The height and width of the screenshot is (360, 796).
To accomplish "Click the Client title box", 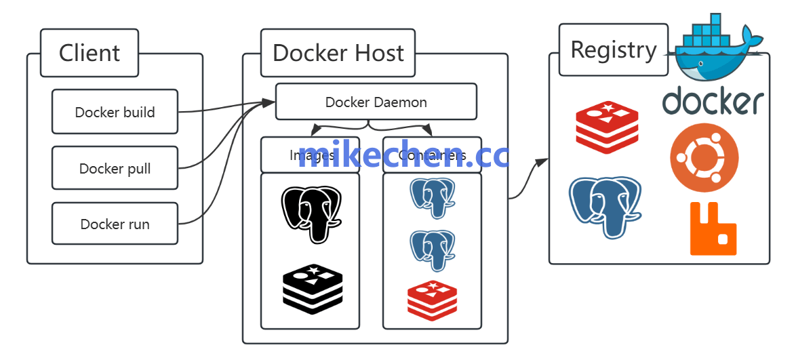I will (x=89, y=53).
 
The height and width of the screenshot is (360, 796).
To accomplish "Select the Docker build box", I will (x=115, y=112).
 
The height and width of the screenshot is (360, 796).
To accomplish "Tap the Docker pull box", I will (x=115, y=168).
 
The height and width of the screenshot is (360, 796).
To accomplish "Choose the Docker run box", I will (x=115, y=224).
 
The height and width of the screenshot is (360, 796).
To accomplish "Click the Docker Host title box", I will (x=338, y=53).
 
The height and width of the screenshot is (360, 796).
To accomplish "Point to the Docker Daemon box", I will (x=376, y=102).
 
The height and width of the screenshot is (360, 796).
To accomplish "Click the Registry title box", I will (x=613, y=49).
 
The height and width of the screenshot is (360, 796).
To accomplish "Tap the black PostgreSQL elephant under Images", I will (x=311, y=213).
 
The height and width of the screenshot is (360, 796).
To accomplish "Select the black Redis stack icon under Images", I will (x=313, y=289).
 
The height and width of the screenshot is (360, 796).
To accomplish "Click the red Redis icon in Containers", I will (x=432, y=302).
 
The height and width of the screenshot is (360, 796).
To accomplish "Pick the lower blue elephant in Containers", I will (x=432, y=250).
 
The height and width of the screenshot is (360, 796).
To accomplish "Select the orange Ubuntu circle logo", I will (x=704, y=157).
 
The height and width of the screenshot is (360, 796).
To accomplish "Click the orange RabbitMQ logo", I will (x=713, y=229).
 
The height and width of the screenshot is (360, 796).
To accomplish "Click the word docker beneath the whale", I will (x=713, y=102).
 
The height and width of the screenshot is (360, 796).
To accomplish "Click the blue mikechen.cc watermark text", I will (x=403, y=155).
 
